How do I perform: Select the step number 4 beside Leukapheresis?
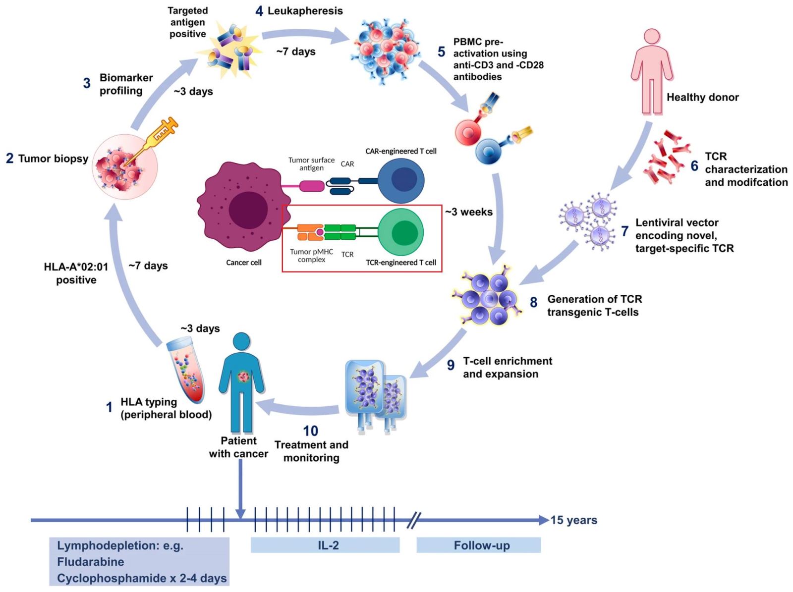259,11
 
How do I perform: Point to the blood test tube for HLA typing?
185,369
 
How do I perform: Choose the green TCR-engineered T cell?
401,232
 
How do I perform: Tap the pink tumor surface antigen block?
312,186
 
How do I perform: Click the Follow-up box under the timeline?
478,545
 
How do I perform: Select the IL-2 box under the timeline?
325,545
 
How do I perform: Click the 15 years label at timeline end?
574,520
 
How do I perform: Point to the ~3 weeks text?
469,212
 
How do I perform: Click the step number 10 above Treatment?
311,431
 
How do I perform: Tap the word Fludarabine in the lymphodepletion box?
91,562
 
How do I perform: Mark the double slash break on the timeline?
414,520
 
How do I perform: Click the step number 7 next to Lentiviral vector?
625,231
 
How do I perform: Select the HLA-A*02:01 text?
76,267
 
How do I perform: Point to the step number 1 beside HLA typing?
109,407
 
